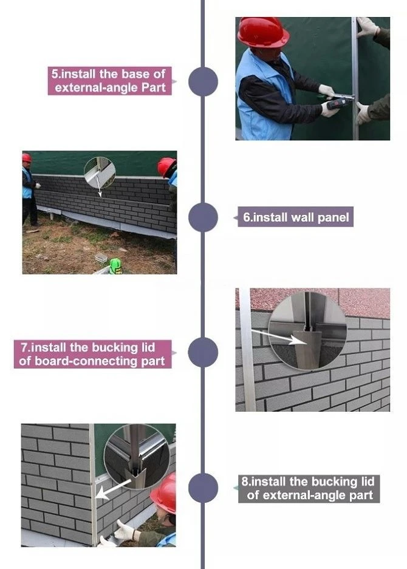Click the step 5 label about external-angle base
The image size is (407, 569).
[x=109, y=81]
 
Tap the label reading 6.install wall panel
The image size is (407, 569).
[x=296, y=217]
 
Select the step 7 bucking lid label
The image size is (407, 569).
[x=92, y=354]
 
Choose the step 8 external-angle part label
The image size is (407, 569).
[x=309, y=488]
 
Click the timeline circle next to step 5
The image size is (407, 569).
[x=203, y=81]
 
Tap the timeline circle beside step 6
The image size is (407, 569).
[x=203, y=217]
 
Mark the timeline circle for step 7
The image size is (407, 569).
[x=203, y=352]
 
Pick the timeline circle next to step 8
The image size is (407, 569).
[x=203, y=488]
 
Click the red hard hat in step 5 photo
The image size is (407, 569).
[x=263, y=32]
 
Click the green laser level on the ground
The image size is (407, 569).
[x=116, y=265]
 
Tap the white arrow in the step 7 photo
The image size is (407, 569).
[x=279, y=336]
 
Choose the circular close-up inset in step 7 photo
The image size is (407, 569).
[x=307, y=331]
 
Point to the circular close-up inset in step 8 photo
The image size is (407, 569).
[x=137, y=457]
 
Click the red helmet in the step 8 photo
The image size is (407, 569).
[x=164, y=493]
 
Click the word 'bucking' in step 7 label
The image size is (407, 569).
[x=115, y=347]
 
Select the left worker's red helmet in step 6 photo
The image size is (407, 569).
[x=27, y=157]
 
